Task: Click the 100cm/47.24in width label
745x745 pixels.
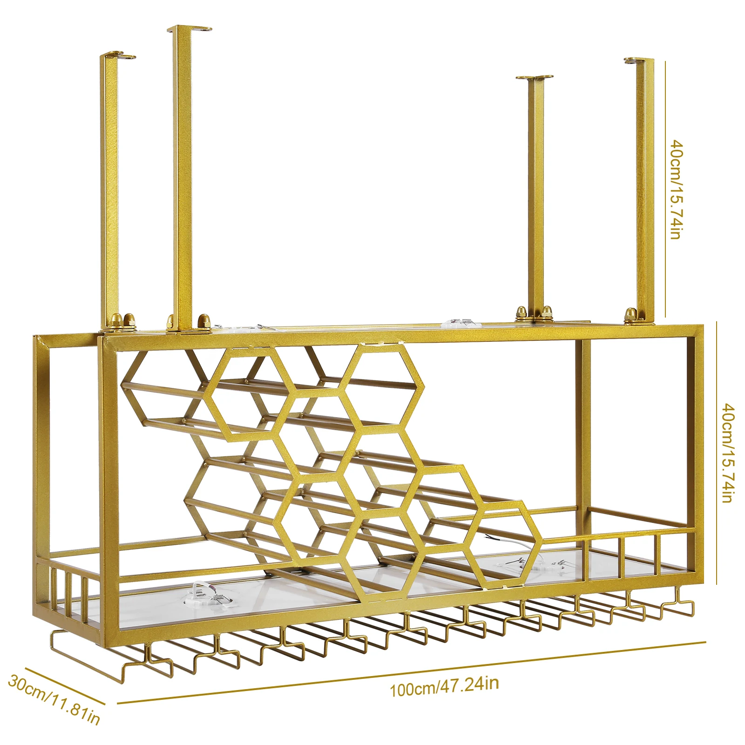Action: (x=444, y=687)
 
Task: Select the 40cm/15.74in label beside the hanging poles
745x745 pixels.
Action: (x=677, y=189)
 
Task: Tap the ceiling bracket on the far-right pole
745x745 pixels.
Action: (x=638, y=61)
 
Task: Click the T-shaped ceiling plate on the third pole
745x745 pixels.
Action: (x=535, y=78)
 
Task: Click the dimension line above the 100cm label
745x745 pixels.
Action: (x=412, y=672)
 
